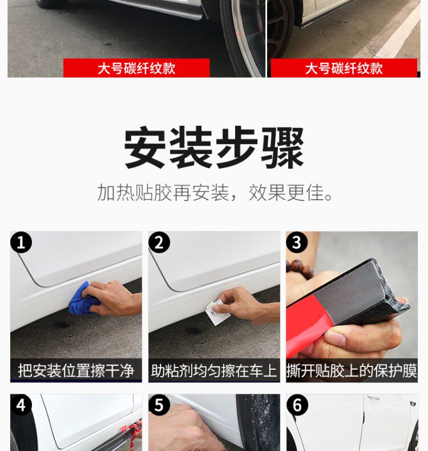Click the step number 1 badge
coord(21,242)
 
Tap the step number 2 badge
coord(159,242)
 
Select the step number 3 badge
coord(297,242)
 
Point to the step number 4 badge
coord(21,405)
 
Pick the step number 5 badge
coord(159,405)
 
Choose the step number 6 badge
coord(297,405)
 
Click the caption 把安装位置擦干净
coord(76,370)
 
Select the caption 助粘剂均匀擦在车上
coord(214,370)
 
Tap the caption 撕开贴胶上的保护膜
coord(352,370)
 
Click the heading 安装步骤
coord(214,147)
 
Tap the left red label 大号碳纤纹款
coord(136,69)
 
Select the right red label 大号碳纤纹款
coord(344,69)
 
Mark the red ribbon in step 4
coord(131,433)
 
